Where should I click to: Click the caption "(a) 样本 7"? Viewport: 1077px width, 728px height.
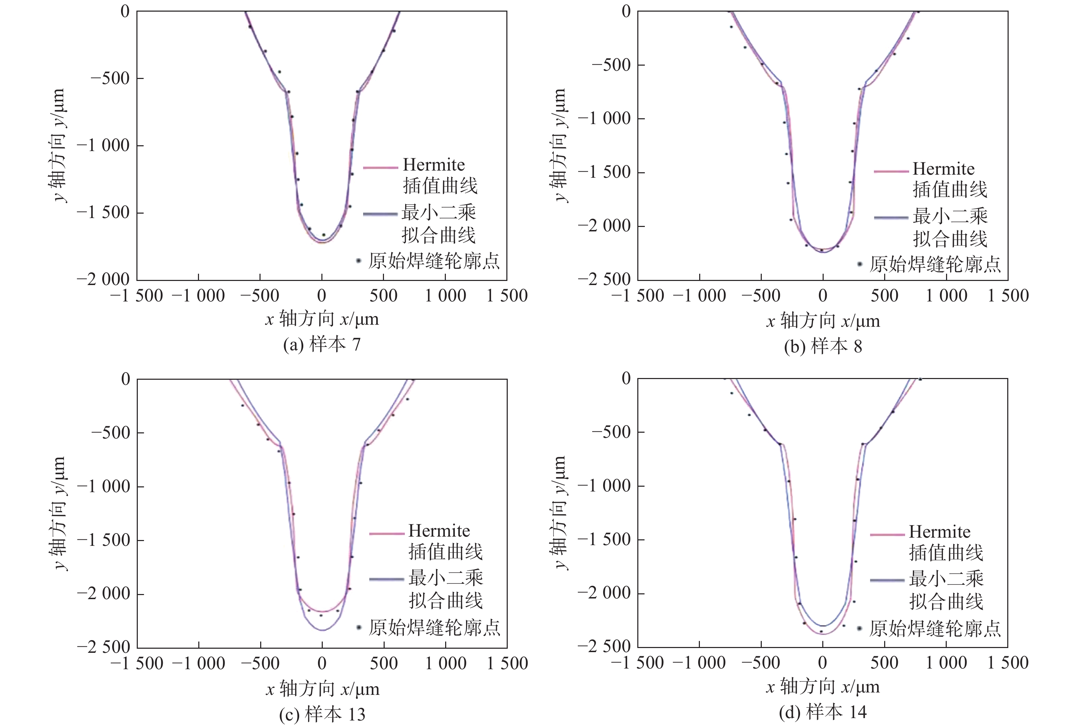(322, 344)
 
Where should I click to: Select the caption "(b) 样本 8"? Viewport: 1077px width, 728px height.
(823, 346)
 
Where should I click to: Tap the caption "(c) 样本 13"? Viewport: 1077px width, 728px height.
(322, 714)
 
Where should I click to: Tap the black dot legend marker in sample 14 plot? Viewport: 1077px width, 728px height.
(860, 628)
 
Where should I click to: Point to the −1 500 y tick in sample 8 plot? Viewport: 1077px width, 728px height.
(604, 172)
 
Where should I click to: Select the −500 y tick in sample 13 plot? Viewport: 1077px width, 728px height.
(110, 433)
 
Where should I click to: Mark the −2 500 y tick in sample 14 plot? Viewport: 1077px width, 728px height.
(604, 646)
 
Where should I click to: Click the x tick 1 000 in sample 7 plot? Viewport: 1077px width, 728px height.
(446, 296)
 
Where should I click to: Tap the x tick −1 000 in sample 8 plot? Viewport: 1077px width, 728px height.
(699, 296)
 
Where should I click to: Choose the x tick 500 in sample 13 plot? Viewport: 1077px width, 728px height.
(384, 663)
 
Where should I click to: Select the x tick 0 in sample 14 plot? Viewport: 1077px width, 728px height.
(823, 663)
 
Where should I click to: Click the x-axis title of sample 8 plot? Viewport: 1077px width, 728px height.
(823, 321)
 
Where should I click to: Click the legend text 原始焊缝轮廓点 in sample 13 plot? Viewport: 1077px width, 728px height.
(434, 628)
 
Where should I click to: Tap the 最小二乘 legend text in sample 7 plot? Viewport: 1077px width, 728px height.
(438, 213)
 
